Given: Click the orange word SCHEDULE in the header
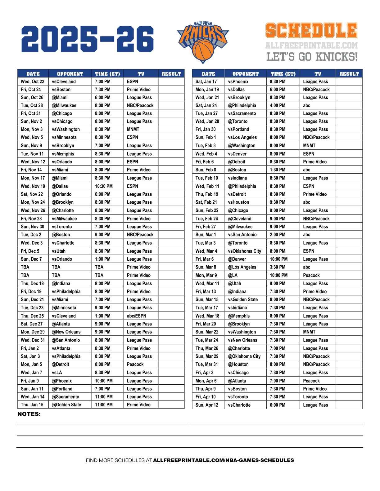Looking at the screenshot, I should click(x=311, y=31).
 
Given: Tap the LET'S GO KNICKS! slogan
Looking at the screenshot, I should click(x=312, y=57).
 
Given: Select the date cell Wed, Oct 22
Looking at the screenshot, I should click(x=33, y=82).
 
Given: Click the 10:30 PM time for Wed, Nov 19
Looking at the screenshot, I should click(x=104, y=186).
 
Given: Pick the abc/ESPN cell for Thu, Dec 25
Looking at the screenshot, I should click(x=136, y=316).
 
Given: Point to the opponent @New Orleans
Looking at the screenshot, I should click(x=66, y=332).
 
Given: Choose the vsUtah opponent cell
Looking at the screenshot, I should click(x=59, y=251).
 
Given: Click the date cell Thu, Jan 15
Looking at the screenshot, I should click(x=32, y=405).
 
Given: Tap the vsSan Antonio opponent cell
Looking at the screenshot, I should click(x=242, y=235).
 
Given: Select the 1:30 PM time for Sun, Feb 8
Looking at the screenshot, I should click(x=278, y=170).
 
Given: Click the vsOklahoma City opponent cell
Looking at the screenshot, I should click(x=245, y=251).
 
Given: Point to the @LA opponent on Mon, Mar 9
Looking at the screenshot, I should click(x=233, y=275).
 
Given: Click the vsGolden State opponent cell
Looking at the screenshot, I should click(x=243, y=299).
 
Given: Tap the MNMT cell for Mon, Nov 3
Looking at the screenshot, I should click(x=133, y=129).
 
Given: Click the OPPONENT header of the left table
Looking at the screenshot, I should click(x=70, y=74).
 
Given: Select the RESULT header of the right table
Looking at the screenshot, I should click(x=349, y=74).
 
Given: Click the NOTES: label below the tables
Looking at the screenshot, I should click(x=29, y=414).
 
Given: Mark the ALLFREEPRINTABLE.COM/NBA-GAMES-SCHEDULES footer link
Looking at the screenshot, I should click(x=224, y=460).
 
